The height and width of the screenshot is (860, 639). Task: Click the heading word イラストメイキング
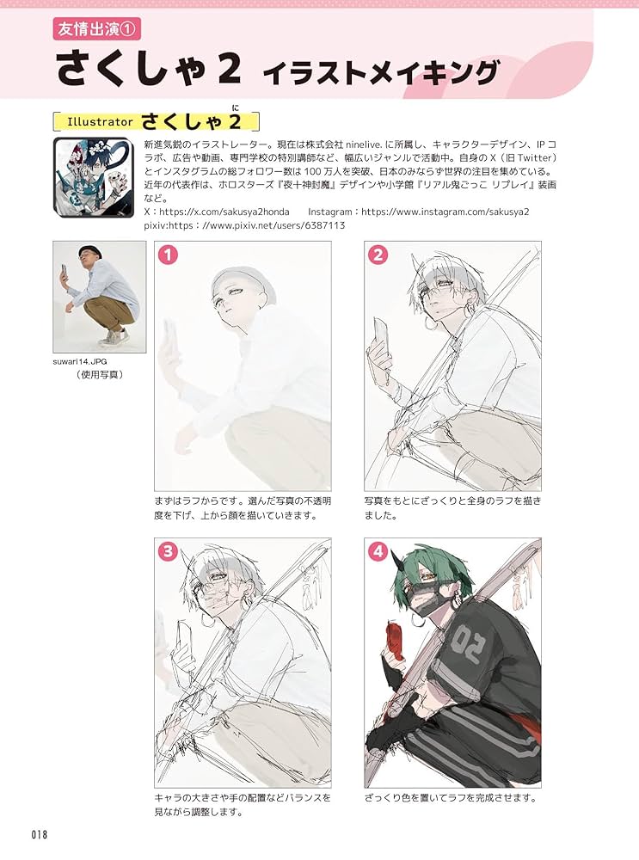[381, 73]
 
